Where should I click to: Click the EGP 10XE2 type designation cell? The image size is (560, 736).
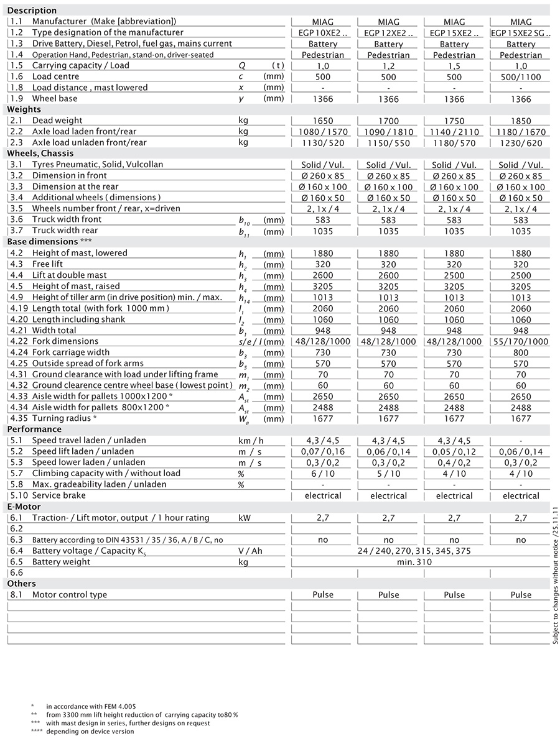pos(323,33)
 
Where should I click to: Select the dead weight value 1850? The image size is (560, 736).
pos(521,121)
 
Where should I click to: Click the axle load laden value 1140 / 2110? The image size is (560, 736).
pos(454,132)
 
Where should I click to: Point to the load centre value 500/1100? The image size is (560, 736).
pos(521,78)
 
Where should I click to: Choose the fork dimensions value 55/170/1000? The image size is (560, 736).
pos(521,342)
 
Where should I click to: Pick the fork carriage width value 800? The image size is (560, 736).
pos(521,353)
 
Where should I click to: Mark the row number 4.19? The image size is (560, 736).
pos(19,308)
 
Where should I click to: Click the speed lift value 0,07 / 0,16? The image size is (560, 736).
pos(323,452)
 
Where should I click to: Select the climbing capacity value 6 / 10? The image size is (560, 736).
pos(323,474)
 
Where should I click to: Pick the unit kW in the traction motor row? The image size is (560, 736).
pos(245,518)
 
